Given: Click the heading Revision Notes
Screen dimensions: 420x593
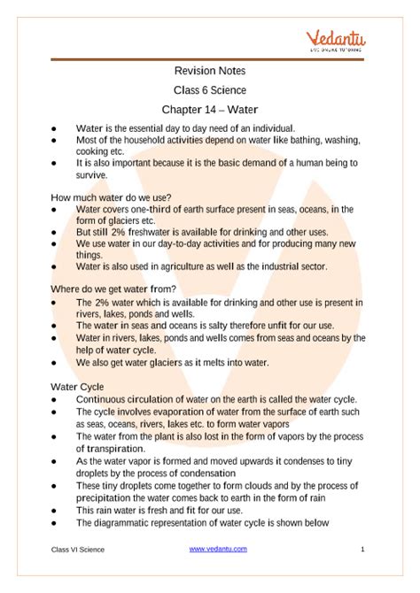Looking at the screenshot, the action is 209,71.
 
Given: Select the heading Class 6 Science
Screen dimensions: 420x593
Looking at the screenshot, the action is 209,90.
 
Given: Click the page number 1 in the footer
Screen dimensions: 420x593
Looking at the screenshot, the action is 363,550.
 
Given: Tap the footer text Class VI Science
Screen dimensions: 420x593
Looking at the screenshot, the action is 77,550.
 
